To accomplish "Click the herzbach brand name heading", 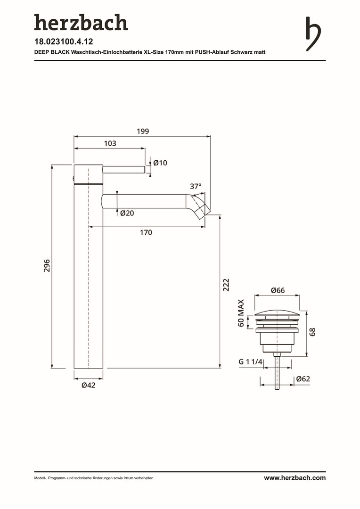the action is tap(81, 23).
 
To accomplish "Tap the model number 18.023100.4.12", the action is tap(64, 41).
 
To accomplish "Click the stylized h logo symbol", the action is tap(313, 34).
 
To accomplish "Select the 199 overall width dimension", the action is tap(143, 131).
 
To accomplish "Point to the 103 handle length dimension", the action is tap(110, 143).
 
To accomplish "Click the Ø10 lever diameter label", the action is tap(160, 163).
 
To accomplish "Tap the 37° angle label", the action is tap(196, 186).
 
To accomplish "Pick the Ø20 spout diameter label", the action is tap(127, 213).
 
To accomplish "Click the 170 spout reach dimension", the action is tap(146, 232).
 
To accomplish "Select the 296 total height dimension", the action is tap(47, 265).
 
